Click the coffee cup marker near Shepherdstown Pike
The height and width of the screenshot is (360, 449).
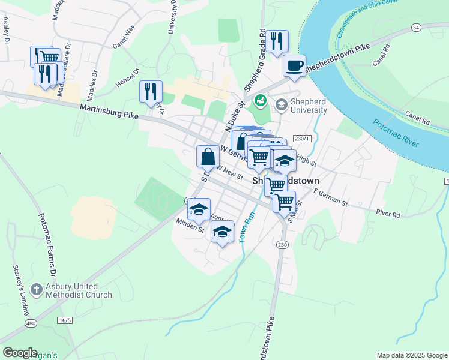[294, 66]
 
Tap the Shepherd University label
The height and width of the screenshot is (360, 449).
[309, 106]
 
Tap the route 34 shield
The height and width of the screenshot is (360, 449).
[416, 28]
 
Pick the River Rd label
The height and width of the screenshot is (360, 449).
[388, 214]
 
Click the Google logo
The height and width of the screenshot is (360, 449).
[20, 353]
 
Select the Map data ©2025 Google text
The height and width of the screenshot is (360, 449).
[411, 355]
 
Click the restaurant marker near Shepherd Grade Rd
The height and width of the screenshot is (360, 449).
[277, 41]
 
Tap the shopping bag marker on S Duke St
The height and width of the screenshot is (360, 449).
[208, 157]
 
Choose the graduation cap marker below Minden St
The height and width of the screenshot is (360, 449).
[222, 232]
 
